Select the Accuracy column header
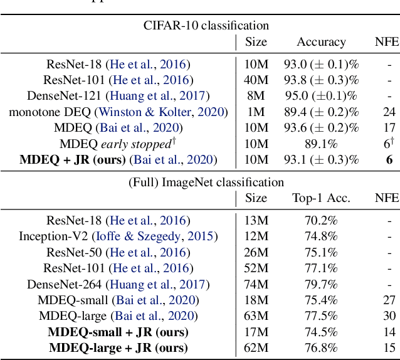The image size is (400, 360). pyautogui.click(x=321, y=42)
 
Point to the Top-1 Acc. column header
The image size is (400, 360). pyautogui.click(x=321, y=199)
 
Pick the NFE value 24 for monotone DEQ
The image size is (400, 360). pyautogui.click(x=389, y=112)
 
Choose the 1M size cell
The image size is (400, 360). pyautogui.click(x=256, y=112)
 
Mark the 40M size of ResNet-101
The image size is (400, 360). pyautogui.click(x=256, y=80)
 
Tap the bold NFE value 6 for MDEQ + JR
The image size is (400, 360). pyautogui.click(x=389, y=160)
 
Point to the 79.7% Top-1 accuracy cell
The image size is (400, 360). pyautogui.click(x=321, y=284)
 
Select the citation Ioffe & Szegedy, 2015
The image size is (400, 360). pyautogui.click(x=154, y=236)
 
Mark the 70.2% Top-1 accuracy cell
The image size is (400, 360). pyautogui.click(x=321, y=220)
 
